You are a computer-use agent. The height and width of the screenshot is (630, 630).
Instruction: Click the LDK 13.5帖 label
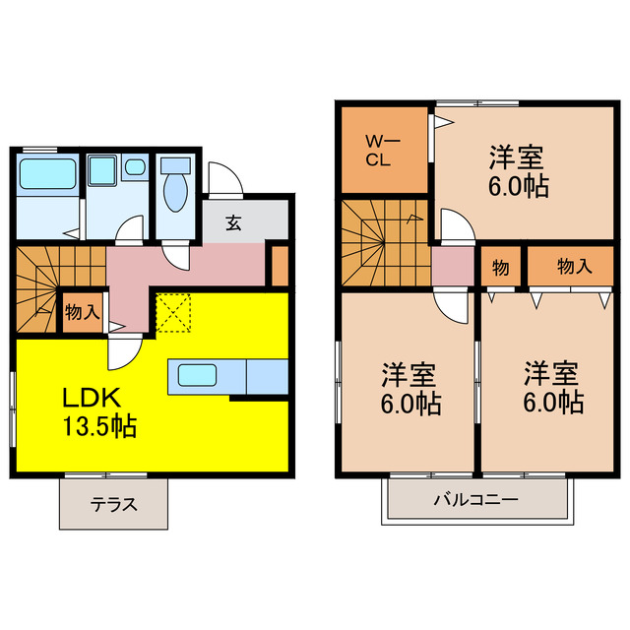(x=99, y=412)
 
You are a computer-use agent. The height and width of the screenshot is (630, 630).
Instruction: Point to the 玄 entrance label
(x=233, y=223)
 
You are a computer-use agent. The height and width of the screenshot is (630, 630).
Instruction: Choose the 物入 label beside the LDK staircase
(x=82, y=313)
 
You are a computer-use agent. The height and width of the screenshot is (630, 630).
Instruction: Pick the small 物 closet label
(x=500, y=267)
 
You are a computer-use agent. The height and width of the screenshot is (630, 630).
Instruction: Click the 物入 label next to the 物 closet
(x=574, y=266)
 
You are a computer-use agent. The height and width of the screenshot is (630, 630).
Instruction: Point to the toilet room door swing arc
(x=175, y=258)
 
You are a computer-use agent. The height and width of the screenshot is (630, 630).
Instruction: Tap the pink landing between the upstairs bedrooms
(x=453, y=267)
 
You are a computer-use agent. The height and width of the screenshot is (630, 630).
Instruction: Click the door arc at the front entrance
(x=223, y=180)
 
